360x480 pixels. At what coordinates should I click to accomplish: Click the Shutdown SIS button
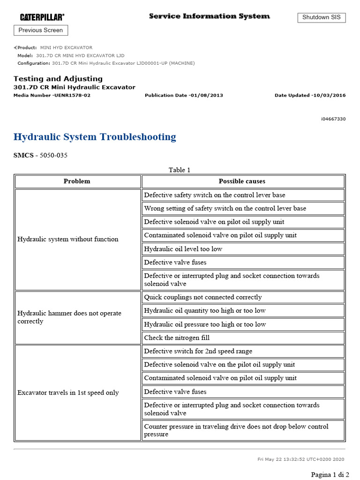(322, 17)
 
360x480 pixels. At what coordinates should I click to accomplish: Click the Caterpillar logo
(42, 17)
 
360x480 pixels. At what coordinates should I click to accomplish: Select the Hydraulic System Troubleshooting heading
(95, 137)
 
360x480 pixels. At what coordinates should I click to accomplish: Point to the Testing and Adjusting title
(58, 79)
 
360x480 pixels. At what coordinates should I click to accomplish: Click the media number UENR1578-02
(52, 95)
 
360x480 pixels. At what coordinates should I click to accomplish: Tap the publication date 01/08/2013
(184, 95)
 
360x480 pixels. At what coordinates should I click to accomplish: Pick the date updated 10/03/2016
(310, 95)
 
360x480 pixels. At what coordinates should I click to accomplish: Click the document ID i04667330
(333, 119)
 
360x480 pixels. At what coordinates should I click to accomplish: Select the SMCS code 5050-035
(40, 155)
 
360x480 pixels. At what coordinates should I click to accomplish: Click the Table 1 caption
(180, 170)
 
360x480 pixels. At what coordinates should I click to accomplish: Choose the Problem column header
(77, 181)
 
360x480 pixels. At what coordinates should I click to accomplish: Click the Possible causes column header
(242, 181)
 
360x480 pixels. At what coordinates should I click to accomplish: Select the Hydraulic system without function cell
(68, 239)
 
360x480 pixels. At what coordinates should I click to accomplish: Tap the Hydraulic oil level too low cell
(183, 249)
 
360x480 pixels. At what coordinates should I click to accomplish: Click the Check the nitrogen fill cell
(177, 337)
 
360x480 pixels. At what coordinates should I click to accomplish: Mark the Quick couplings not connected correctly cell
(203, 297)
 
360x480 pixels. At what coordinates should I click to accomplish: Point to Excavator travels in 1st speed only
(68, 393)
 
